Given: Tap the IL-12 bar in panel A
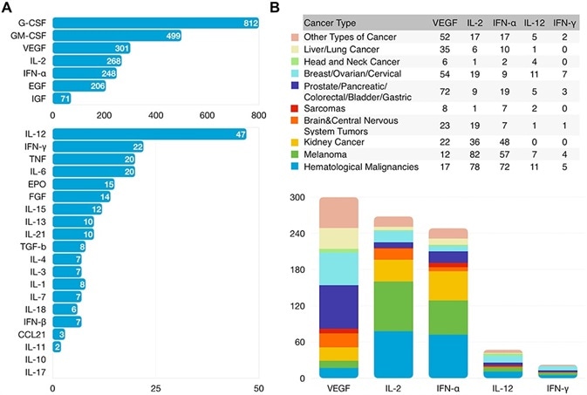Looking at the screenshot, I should [149, 134].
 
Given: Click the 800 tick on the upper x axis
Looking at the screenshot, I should [258, 113].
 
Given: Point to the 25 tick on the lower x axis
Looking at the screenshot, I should [155, 386].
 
